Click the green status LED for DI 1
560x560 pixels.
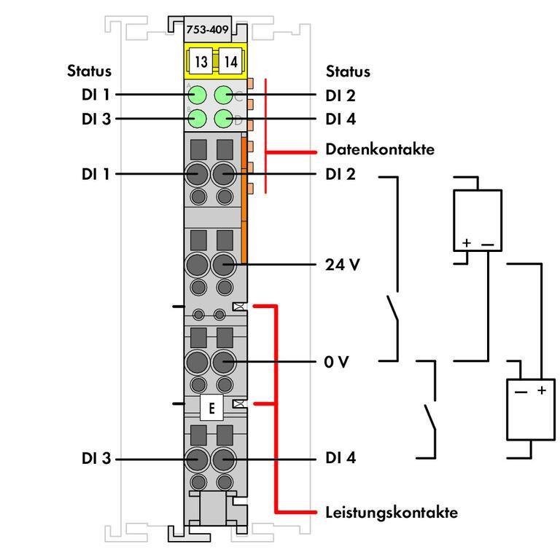tap(196, 95)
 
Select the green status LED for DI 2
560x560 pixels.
tap(224, 95)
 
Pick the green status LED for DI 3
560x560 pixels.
tap(196, 118)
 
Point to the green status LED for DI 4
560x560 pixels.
tap(224, 118)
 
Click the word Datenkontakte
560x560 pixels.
tap(379, 150)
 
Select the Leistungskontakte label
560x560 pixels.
tap(392, 512)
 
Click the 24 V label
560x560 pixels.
tap(342, 264)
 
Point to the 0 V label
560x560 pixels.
tap(337, 361)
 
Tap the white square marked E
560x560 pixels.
tap(211, 409)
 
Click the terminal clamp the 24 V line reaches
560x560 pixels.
tap(224, 264)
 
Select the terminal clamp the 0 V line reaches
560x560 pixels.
tap(224, 361)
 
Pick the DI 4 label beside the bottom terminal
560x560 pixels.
tap(341, 458)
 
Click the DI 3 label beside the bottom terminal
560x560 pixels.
tap(97, 459)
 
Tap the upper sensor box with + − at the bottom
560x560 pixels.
tap(477, 221)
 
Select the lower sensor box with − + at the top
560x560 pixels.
tap(531, 410)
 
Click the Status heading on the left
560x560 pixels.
tap(90, 71)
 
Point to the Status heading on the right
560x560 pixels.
tap(348, 71)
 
